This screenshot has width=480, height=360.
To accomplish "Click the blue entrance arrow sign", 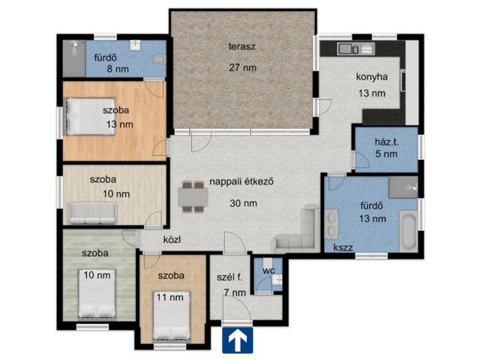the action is (238, 340).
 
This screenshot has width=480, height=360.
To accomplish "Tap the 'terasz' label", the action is (241, 46).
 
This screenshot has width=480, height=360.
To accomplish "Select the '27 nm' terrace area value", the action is (243, 67).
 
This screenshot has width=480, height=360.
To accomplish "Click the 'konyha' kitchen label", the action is (372, 76).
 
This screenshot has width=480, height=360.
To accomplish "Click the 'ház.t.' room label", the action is (387, 142).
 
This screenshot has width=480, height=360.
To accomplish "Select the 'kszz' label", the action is (343, 247).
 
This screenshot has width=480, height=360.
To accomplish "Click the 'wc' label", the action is (268, 271).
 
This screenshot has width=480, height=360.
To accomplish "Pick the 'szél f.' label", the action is (229, 277).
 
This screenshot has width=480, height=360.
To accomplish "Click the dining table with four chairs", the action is (193, 196).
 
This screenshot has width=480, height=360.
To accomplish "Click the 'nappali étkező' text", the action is (241, 181).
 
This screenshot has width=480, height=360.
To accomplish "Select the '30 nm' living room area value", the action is (243, 203).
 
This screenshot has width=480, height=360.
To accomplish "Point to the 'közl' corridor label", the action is (172, 239).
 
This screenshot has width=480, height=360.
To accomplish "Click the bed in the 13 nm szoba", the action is (90, 116).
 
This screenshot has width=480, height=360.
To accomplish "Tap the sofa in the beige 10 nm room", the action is (92, 213).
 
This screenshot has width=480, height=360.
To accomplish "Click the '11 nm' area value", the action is (170, 297).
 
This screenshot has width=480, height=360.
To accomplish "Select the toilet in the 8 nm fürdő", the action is (159, 58).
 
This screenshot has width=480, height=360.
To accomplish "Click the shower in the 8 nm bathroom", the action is (74, 58).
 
